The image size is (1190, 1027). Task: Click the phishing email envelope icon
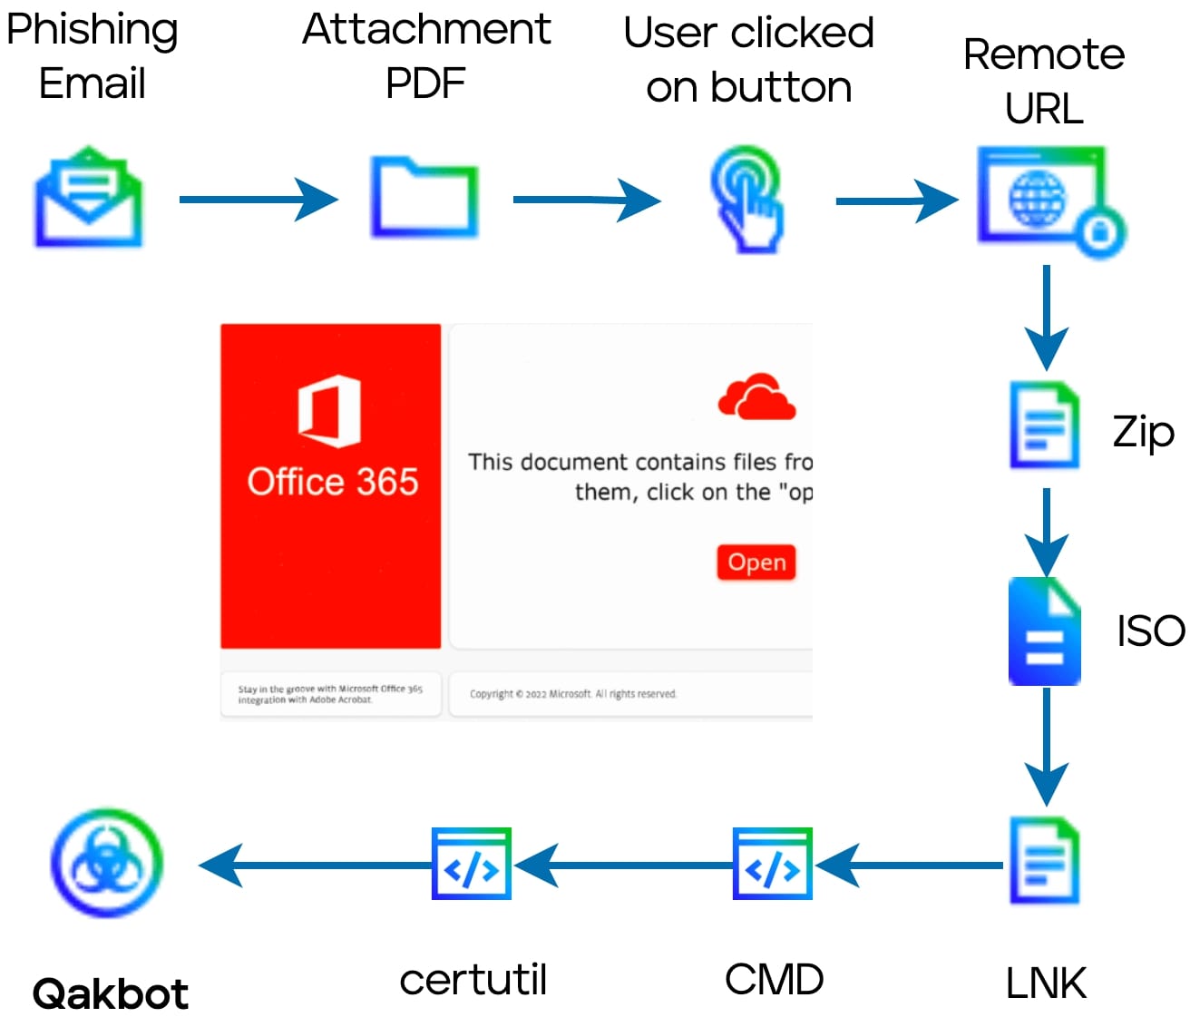pos(88,197)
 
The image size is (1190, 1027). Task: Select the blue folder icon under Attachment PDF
pos(424,198)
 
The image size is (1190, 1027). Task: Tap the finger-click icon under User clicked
pos(746,199)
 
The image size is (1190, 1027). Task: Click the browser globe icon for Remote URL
pos(1048,201)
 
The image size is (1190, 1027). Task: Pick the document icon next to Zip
pos(1045,425)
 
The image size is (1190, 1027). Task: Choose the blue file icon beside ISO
pos(1045,631)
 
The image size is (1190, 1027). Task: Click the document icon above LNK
pos(1045,861)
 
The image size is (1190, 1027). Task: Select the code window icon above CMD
pos(772,864)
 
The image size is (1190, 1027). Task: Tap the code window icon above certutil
pos(472,864)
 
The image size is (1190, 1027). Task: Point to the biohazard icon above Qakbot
pos(107,863)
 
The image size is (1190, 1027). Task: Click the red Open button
pos(756,562)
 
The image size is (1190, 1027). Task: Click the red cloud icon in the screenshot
pos(756,397)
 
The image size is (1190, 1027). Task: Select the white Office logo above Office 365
pos(330,411)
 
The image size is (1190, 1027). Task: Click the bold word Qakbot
pos(110,994)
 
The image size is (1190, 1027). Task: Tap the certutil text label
pos(473,980)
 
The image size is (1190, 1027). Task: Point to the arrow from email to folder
pos(258,200)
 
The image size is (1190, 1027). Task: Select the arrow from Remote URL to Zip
pos(1046,318)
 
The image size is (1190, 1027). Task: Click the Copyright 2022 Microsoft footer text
pos(572,694)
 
